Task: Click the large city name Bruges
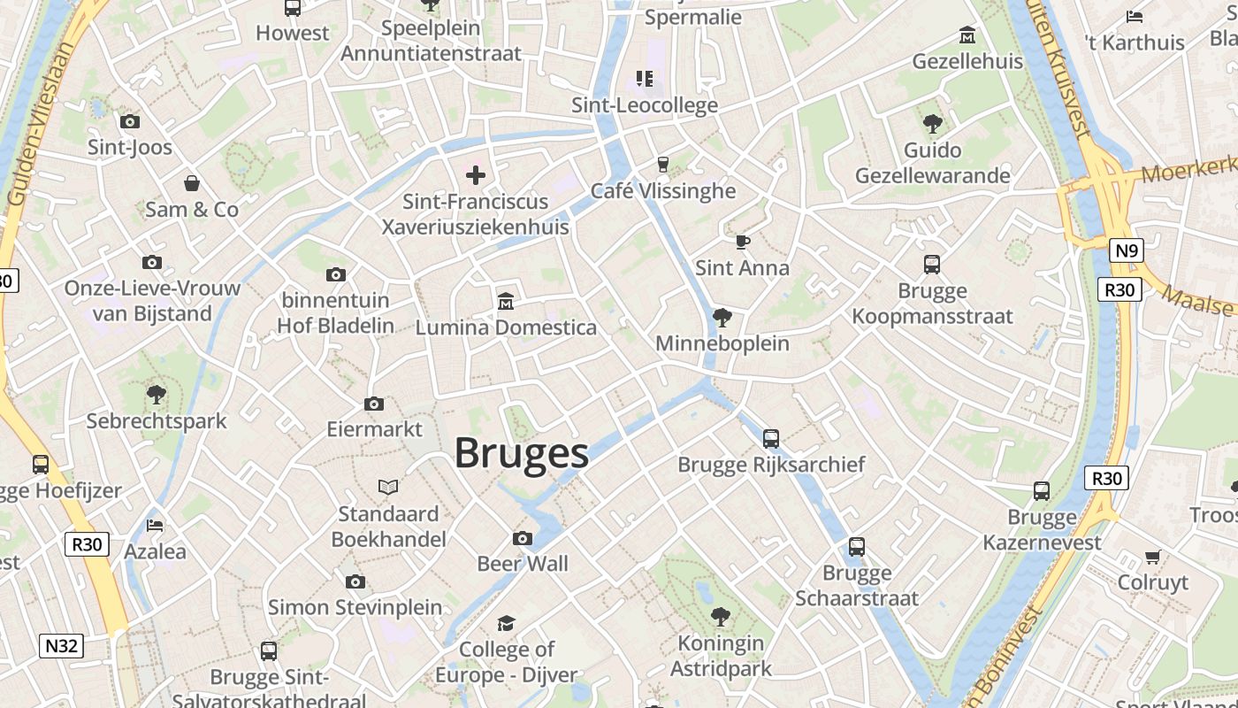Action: pos(521,453)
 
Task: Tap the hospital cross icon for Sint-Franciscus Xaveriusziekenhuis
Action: pos(476,175)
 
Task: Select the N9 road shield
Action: pos(1126,250)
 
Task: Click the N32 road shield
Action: pos(62,646)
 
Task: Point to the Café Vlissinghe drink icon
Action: pos(662,164)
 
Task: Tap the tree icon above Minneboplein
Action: pos(722,317)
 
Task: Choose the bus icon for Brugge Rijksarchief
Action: pos(771,438)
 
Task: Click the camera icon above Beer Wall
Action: pos(523,538)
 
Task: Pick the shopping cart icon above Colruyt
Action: pos(1152,557)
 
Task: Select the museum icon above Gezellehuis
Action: pos(967,35)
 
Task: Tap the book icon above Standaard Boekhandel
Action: pos(388,487)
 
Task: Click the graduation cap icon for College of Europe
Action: pos(506,624)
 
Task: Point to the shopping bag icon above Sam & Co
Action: pos(192,183)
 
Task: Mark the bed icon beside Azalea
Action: pos(156,526)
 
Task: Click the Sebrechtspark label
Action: pos(157,421)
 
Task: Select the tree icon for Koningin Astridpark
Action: pos(721,616)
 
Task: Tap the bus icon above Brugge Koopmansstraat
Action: pos(932,264)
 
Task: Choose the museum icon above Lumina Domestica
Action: pos(506,302)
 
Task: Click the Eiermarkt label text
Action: pos(375,430)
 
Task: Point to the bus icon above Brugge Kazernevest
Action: pos(1042,490)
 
